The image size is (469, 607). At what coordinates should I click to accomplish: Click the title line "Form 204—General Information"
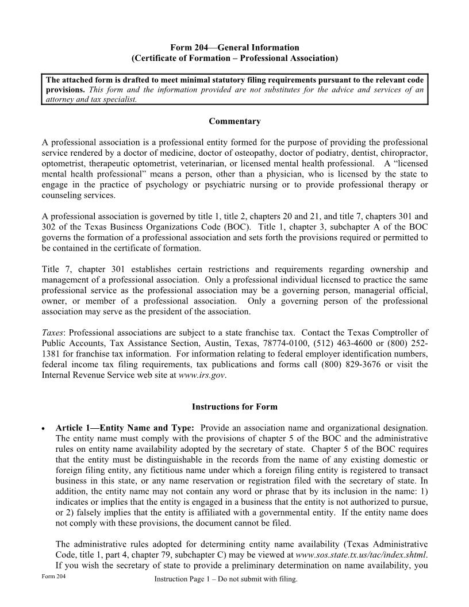(234, 48)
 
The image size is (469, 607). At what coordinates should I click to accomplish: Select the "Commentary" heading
(234, 121)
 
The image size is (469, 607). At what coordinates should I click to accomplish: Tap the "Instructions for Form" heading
(234, 406)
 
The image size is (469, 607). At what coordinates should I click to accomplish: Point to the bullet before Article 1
(44, 429)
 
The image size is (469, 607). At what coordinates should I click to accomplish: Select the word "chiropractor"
(405, 152)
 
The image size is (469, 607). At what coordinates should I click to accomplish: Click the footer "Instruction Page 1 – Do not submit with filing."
(226, 579)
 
